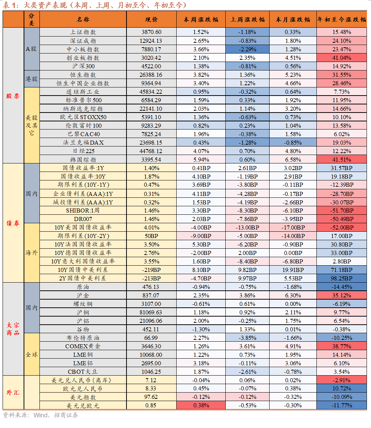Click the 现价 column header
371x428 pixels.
[x=151, y=20]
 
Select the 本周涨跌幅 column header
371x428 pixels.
[x=201, y=20]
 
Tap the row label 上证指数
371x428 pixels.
[x=83, y=32]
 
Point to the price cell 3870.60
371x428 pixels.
[x=151, y=32]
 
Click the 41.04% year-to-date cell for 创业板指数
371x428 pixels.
[x=341, y=58]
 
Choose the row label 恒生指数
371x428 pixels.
[x=83, y=75]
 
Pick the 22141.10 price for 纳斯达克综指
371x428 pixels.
[x=151, y=108]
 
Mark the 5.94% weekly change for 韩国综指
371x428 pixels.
[x=201, y=159]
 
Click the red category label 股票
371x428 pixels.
[x=13, y=96]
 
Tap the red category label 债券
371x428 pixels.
[x=13, y=223]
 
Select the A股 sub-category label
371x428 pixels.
[x=31, y=49]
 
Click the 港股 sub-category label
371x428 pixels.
[x=31, y=79]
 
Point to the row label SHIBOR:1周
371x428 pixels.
[x=83, y=210]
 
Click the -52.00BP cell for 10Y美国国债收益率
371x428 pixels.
[x=341, y=227]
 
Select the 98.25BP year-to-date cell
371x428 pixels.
[x=341, y=278]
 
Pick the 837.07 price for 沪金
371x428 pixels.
[x=151, y=295]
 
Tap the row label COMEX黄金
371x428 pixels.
[x=83, y=346]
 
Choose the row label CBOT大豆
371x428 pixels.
[x=83, y=372]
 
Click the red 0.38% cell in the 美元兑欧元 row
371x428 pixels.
[x=201, y=405]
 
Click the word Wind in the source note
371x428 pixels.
[x=40, y=415]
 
